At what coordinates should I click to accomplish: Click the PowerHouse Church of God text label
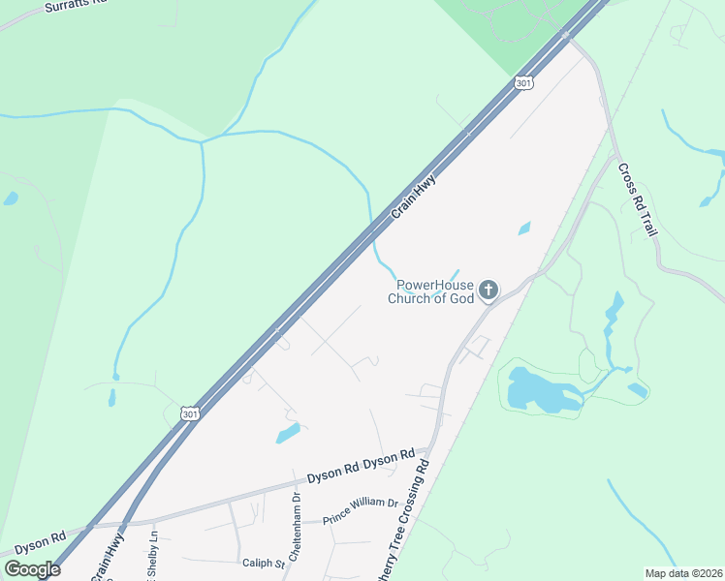click(431, 290)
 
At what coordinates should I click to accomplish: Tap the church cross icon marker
click(489, 290)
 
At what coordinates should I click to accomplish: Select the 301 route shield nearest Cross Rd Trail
click(523, 83)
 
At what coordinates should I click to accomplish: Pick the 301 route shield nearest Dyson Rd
click(191, 413)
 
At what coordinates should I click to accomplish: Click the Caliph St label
click(263, 562)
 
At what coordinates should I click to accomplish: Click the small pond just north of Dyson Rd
click(288, 433)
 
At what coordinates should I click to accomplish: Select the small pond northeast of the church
click(524, 229)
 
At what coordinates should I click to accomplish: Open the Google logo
click(32, 568)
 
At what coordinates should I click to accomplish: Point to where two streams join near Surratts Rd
click(202, 141)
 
